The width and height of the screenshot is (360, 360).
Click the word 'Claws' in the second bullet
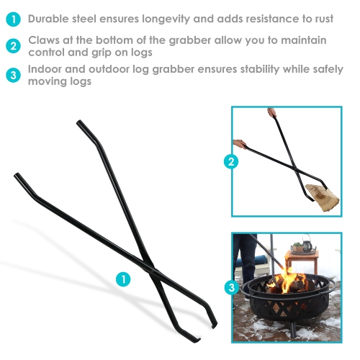[47, 40]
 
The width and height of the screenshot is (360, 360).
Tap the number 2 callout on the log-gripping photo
[231, 162]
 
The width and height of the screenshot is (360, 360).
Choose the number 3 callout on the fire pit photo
[231, 287]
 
